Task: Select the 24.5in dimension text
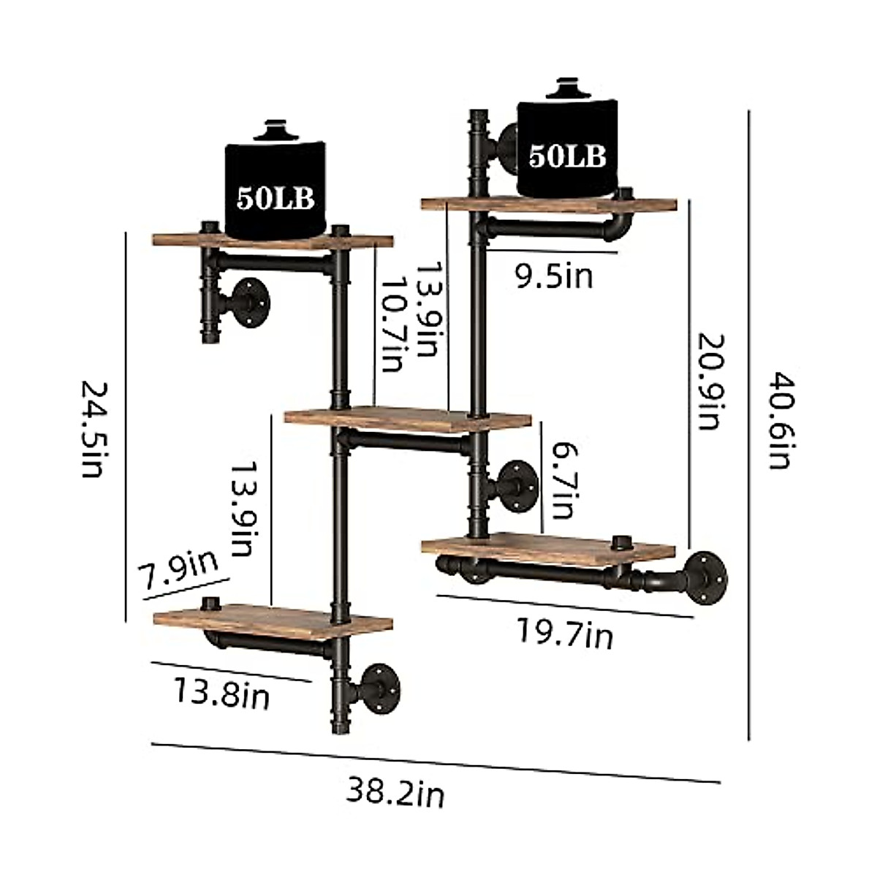[x=92, y=428]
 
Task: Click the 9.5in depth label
[x=554, y=277]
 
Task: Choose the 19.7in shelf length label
[x=565, y=633]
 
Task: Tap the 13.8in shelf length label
[x=221, y=692]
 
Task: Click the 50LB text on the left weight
[x=274, y=199]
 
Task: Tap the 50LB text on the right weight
[x=567, y=156]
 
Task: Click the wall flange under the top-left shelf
[x=248, y=302]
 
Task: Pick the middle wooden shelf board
[x=407, y=419]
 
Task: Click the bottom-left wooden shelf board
[x=273, y=620]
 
